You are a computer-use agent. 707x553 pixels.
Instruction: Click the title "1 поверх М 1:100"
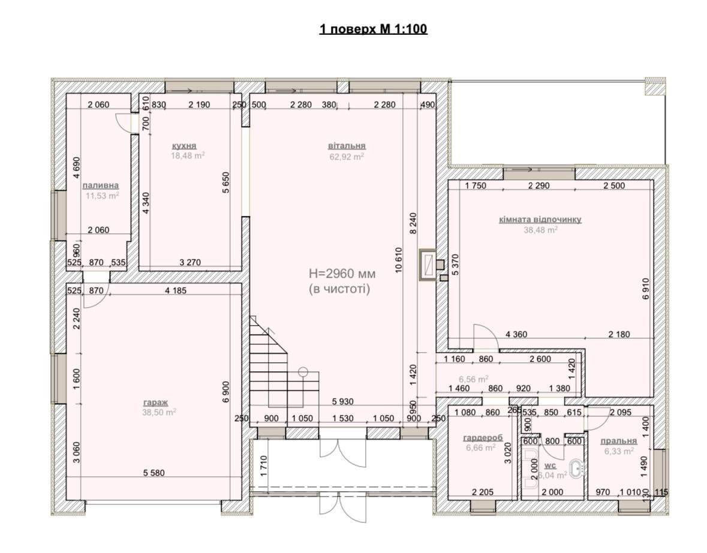(374, 29)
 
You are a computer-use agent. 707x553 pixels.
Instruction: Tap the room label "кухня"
(185, 146)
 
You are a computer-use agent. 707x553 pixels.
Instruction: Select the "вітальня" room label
(347, 146)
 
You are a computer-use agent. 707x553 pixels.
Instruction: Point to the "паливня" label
(101, 185)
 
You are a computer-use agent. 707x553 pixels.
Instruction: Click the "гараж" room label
(156, 403)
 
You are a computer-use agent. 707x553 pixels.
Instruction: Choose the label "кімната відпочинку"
(540, 220)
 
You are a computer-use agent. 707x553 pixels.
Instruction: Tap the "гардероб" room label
(483, 438)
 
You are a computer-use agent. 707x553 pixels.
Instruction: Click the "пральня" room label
(619, 441)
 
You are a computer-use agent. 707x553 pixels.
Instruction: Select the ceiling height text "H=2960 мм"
(342, 274)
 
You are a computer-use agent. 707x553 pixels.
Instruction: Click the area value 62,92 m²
(347, 157)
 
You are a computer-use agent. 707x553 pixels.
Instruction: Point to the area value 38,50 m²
(159, 412)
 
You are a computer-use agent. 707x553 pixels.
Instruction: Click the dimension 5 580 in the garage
(154, 473)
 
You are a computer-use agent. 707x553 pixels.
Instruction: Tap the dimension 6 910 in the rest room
(646, 289)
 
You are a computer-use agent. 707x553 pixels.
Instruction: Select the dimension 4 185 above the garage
(175, 290)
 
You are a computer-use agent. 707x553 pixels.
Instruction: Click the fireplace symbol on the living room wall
(428, 265)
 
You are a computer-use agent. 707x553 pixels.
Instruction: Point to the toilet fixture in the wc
(577, 469)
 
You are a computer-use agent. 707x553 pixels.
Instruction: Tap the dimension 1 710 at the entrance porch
(264, 467)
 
